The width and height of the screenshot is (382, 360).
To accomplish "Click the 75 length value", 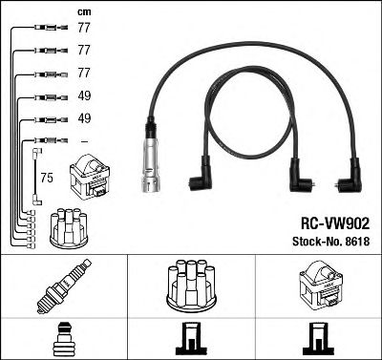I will click(46, 178).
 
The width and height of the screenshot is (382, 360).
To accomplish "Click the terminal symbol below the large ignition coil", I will click(320, 338).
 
